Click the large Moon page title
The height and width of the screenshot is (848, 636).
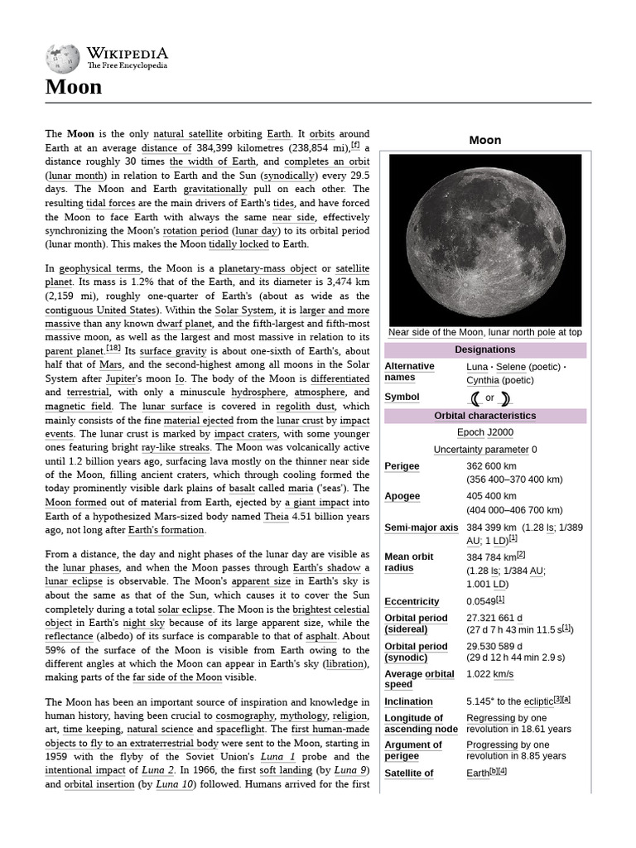(x=74, y=86)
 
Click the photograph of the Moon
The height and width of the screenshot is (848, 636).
(x=484, y=240)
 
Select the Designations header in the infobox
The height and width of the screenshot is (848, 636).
(x=484, y=350)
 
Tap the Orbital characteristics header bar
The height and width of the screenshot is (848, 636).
(x=484, y=416)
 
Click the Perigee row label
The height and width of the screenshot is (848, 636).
(x=402, y=466)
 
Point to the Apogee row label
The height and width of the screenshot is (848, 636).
(x=402, y=496)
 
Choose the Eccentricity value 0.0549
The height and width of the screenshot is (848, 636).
(x=481, y=601)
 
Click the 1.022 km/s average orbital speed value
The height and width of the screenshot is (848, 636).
(x=489, y=674)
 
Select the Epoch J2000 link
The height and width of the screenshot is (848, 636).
(x=484, y=432)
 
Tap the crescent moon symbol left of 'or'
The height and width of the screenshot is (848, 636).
(x=475, y=397)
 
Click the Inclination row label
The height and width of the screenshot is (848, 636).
(x=408, y=701)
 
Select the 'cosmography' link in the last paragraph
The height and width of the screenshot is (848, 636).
(x=245, y=715)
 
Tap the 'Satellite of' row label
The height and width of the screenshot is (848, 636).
(x=409, y=773)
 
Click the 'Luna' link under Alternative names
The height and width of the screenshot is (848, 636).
(x=477, y=366)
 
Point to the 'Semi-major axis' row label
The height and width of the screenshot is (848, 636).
(x=421, y=528)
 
